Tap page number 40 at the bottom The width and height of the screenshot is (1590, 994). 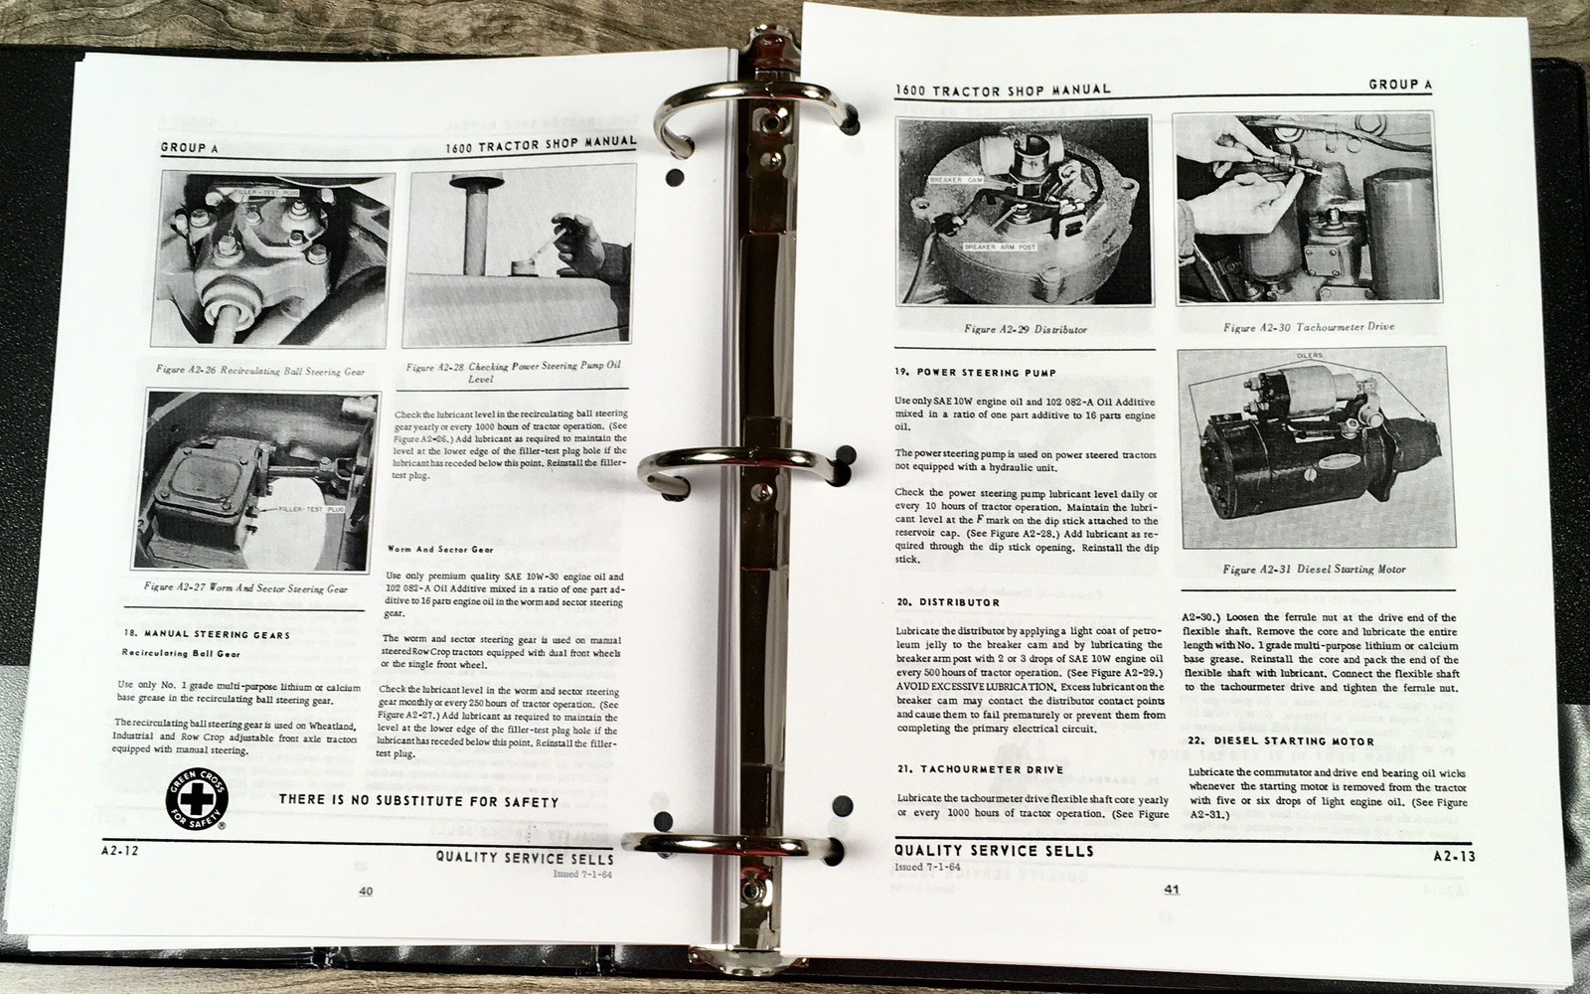[x=366, y=892]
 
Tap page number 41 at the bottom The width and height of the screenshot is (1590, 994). [x=1171, y=890]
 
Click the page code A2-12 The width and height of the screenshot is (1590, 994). [x=119, y=850]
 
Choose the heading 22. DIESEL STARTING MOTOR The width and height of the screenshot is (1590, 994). [x=1281, y=742]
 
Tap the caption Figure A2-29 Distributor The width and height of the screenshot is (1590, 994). [x=1026, y=329]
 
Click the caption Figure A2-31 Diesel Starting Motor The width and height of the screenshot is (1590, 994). [x=1314, y=570]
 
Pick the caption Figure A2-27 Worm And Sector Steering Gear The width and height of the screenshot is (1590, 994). [x=245, y=588]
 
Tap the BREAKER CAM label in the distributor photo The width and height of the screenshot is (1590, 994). [x=955, y=180]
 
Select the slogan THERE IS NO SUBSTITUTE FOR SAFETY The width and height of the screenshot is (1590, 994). [x=418, y=801]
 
